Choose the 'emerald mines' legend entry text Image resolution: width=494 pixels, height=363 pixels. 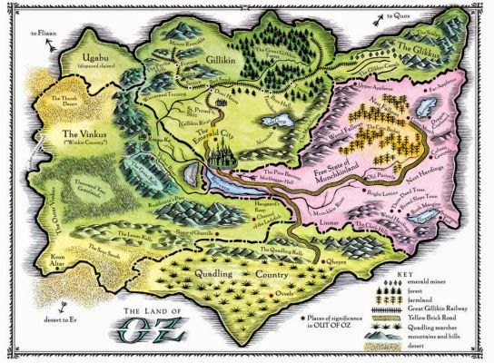tap(433, 280)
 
